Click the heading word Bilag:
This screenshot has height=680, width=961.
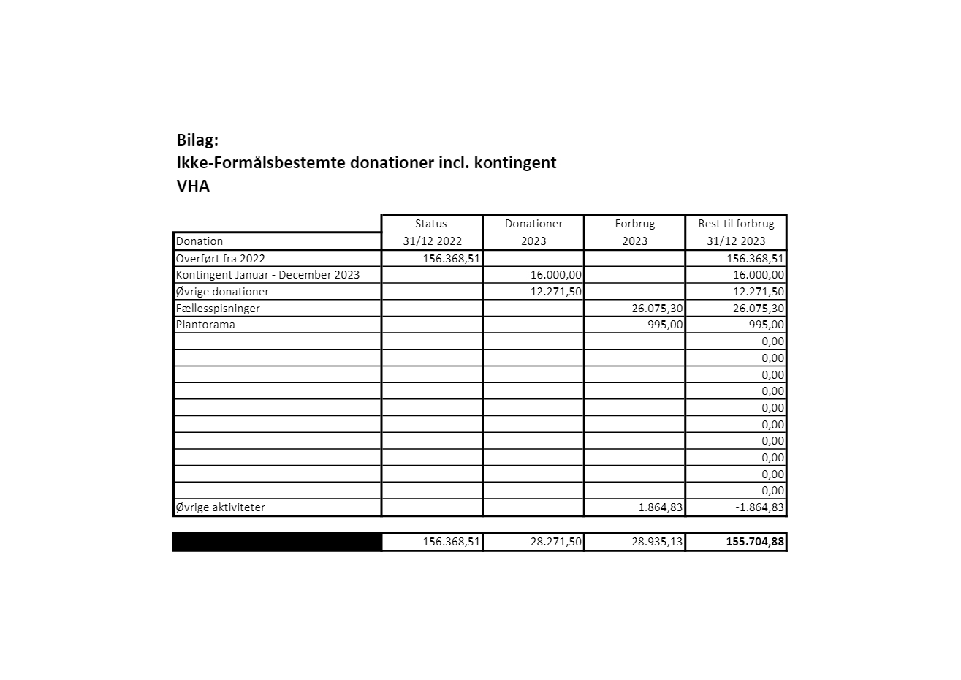[197, 140]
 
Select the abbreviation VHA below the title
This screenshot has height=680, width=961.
[193, 186]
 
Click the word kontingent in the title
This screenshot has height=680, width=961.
[515, 162]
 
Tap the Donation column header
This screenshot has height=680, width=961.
[200, 241]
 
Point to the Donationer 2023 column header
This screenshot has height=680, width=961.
[533, 232]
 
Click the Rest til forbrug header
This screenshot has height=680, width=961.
[736, 224]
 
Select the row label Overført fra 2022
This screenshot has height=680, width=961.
[221, 258]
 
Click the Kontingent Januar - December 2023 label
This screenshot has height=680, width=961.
[267, 275]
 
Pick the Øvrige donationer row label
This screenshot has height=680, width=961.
[222, 292]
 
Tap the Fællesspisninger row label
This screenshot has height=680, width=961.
[218, 309]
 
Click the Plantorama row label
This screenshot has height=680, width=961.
[205, 325]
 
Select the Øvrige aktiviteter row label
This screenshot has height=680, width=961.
[221, 507]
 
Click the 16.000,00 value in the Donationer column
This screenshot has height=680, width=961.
[556, 275]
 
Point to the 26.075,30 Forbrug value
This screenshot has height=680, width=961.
[657, 309]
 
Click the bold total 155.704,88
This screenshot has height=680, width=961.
[755, 542]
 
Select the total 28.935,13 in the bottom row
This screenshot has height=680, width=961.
[657, 542]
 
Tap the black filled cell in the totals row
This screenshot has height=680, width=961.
[277, 542]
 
